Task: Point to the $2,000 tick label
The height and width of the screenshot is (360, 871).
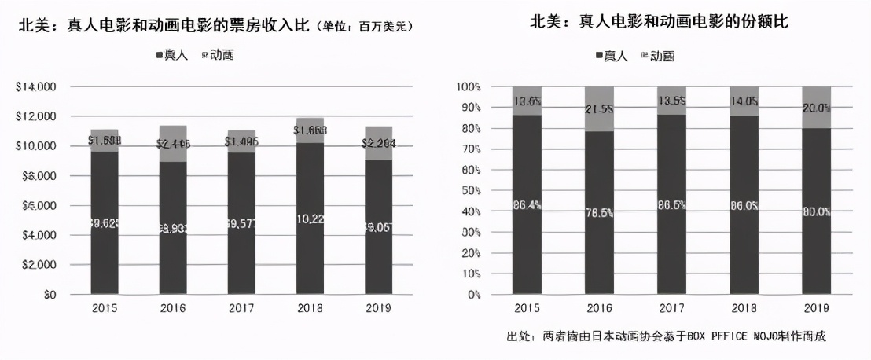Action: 38,265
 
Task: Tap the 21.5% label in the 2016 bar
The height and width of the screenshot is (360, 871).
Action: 599,108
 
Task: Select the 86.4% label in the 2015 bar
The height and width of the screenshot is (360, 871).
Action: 527,205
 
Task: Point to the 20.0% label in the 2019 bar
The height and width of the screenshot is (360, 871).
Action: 816,108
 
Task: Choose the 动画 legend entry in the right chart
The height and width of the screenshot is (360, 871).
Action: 657,56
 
